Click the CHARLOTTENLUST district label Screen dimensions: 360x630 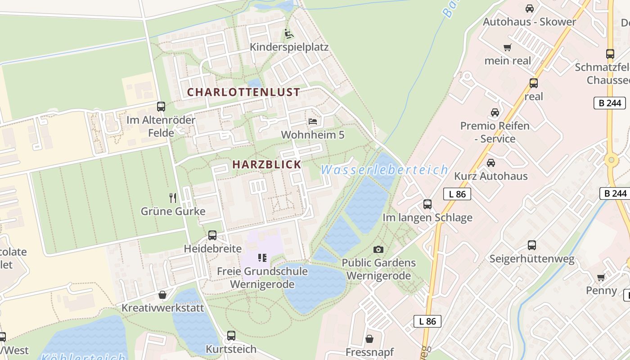pos(243,92)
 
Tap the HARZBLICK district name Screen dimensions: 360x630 pos(266,165)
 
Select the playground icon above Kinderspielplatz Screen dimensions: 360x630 pos(289,34)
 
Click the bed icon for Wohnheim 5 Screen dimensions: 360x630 pos(313,121)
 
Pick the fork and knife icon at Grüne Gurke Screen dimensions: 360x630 pos(173,198)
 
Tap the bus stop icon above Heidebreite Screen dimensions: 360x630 pos(212,235)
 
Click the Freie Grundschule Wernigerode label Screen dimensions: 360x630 pos(262,278)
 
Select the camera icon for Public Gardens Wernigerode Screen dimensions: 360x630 pos(378,249)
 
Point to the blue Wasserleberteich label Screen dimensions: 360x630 pos(384,170)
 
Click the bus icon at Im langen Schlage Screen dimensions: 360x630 pos(427,204)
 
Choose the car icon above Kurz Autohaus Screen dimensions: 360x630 pos(490,162)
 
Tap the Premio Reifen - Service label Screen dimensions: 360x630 pos(495,132)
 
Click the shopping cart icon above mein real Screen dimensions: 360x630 pos(508,47)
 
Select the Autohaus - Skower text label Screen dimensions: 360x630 pos(529,22)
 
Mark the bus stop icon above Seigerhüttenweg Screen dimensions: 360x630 pos(532,245)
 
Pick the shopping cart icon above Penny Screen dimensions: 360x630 pos(601,277)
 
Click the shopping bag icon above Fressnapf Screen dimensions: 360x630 pos(369,338)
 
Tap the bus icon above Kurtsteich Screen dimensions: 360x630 pos(231,336)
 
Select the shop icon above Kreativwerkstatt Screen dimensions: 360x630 pos(162,295)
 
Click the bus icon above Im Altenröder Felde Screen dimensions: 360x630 pos(161,107)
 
